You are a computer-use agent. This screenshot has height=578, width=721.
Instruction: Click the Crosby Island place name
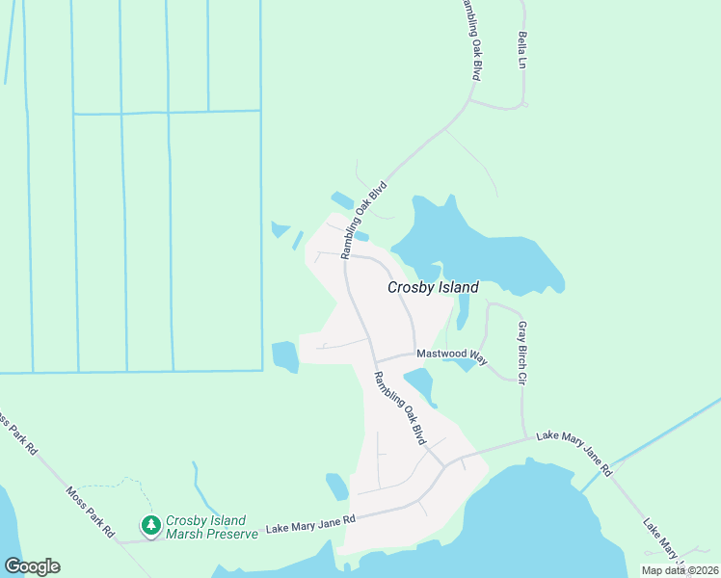coord(433,287)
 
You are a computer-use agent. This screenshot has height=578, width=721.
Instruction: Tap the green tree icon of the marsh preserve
coord(150,525)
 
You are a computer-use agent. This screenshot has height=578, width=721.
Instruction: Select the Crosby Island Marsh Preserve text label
coord(211,527)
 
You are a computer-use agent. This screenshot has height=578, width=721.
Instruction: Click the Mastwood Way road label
coord(452,355)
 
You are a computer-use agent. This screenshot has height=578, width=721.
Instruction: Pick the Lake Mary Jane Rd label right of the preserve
coord(310,523)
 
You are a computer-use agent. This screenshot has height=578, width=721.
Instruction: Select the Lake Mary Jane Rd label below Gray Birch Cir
coord(574,453)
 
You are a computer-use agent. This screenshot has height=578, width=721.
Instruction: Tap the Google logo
coord(32,566)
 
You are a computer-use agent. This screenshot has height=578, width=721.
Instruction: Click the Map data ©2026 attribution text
coord(680,570)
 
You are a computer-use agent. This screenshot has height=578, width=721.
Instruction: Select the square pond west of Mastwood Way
coord(285,356)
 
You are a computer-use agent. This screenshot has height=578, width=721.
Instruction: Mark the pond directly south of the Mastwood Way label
coord(422,386)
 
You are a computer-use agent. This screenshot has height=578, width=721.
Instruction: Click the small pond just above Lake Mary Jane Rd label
coord(336,486)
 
